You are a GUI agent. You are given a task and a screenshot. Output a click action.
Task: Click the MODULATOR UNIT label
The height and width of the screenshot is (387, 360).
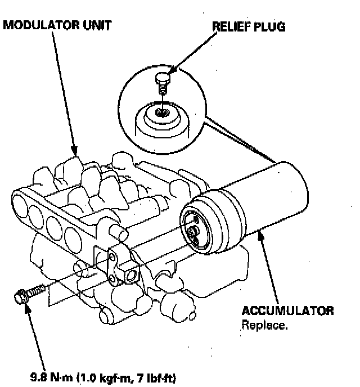[x=56, y=25]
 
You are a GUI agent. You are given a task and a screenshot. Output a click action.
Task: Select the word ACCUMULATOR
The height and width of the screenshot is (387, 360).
[x=287, y=311]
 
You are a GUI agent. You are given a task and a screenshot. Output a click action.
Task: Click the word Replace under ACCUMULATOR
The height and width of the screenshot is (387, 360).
[x=265, y=325]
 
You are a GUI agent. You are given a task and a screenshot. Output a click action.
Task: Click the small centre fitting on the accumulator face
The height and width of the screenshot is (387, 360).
[x=193, y=231]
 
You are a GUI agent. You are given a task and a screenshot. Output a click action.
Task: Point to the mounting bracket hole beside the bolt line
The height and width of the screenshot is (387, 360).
[x=133, y=274]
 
